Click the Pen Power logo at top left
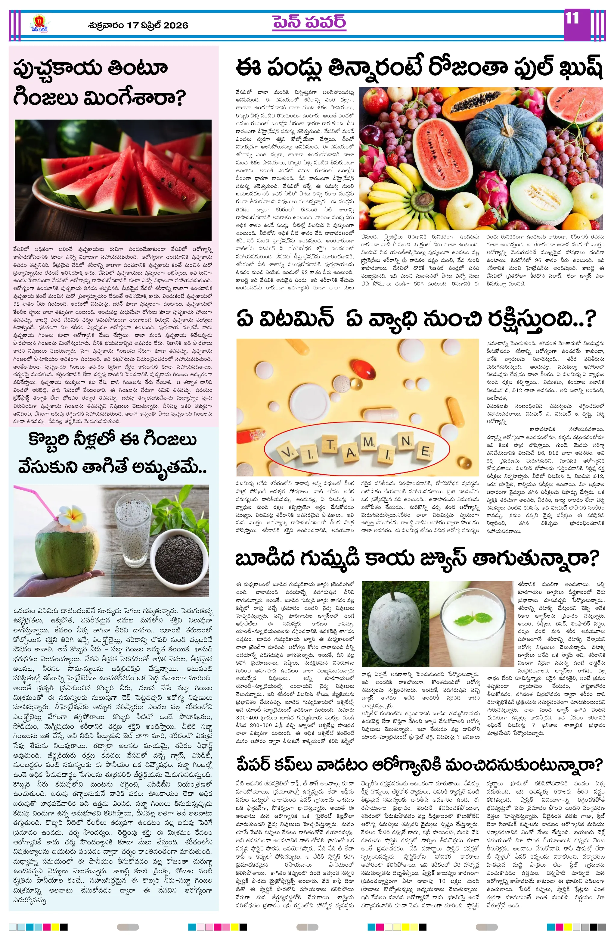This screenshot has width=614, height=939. click(40, 24)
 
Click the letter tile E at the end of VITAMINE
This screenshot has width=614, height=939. click(425, 451)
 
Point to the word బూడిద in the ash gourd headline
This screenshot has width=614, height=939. click(265, 558)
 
